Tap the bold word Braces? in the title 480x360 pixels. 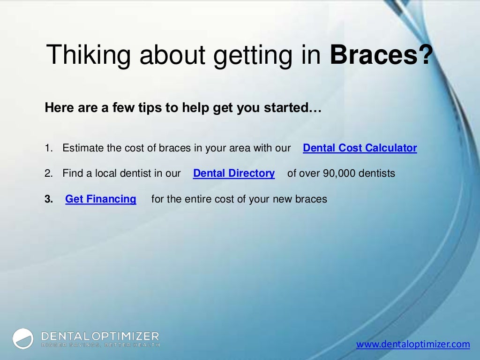(381, 55)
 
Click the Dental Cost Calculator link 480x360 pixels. (360, 148)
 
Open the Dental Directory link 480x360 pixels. (233, 173)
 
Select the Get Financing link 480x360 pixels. (100, 199)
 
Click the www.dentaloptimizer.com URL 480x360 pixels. (412, 345)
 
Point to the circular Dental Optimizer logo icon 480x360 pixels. (23, 339)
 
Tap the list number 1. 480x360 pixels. (47, 148)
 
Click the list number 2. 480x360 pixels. (47, 173)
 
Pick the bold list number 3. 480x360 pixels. (48, 199)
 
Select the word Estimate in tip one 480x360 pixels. (83, 148)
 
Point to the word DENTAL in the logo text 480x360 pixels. (65, 336)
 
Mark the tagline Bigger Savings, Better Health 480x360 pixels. (100, 345)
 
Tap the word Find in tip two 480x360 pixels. (72, 173)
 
